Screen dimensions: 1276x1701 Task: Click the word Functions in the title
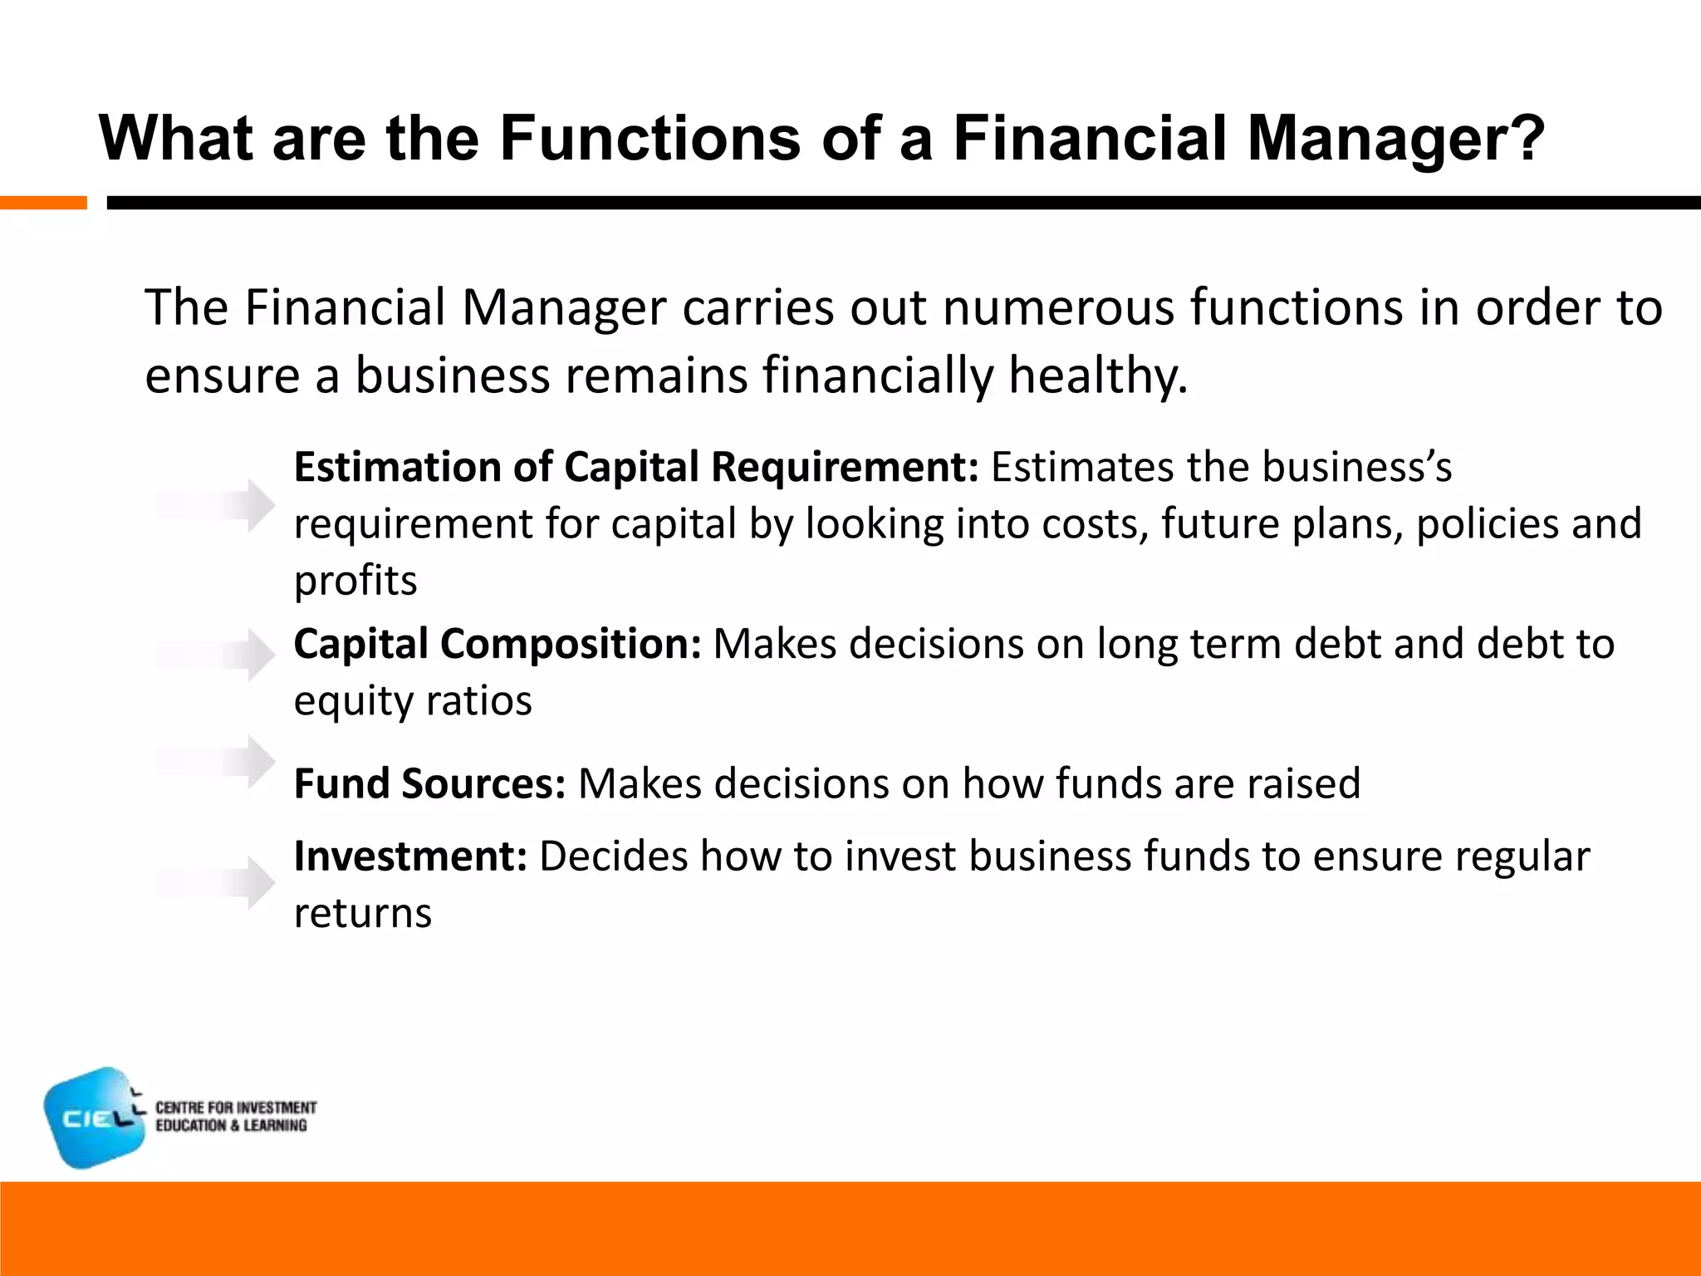(650, 138)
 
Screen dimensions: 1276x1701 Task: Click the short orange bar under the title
(43, 203)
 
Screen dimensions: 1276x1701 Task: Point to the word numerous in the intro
(1057, 308)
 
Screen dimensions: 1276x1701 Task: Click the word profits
(355, 581)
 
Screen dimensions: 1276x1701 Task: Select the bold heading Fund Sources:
(429, 784)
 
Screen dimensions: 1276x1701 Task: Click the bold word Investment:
(410, 856)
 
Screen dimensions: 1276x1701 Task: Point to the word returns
(363, 914)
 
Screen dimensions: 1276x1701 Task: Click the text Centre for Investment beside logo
(236, 1108)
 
